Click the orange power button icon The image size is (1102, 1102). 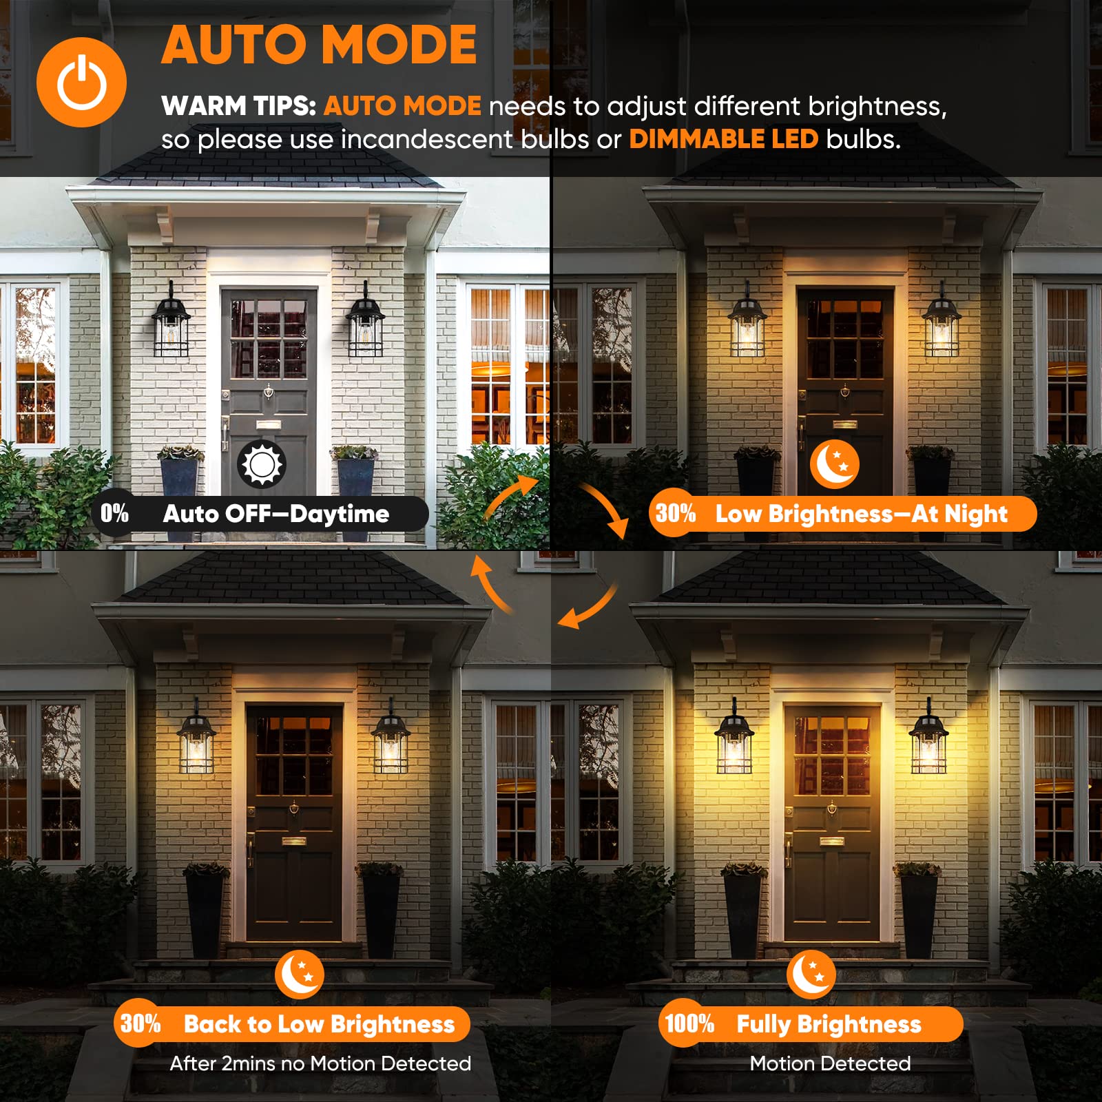tap(81, 82)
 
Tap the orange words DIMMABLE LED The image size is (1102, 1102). tap(723, 139)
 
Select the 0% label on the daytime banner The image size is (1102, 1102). tap(114, 513)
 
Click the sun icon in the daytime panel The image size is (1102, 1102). tap(261, 464)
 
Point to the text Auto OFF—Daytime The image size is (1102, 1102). tap(275, 514)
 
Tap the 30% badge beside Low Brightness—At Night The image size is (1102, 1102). tap(675, 513)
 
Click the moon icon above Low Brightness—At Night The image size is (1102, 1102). tap(834, 464)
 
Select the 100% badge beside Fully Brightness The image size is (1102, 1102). tap(689, 1023)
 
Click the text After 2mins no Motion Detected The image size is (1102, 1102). tap(320, 1063)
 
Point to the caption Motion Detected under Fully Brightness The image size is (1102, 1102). tap(830, 1063)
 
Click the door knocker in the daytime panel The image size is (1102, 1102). tap(269, 392)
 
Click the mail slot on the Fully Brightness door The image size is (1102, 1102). tap(831, 841)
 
